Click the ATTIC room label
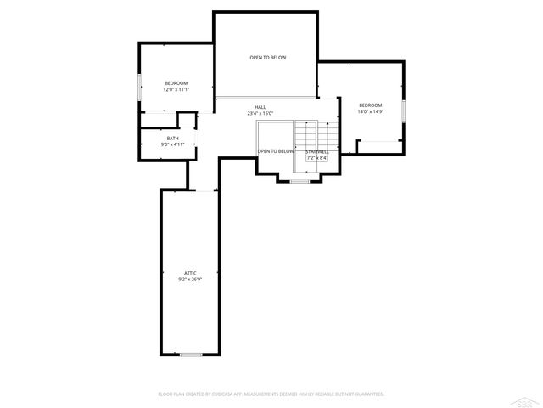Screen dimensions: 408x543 (190, 272)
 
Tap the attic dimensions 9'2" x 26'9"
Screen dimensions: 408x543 (190, 279)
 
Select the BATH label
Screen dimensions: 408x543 (172, 139)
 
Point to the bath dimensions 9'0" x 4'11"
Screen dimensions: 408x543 (172, 145)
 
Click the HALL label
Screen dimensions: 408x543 (260, 107)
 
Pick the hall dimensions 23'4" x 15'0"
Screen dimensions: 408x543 (260, 113)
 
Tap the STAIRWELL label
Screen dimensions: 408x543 (318, 151)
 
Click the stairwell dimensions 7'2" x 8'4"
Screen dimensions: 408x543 (318, 158)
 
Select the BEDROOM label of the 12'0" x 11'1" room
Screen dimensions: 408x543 (176, 82)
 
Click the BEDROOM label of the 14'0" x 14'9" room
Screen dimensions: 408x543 (370, 105)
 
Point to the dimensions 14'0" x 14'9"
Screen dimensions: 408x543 (370, 111)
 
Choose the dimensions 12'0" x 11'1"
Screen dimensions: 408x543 (176, 89)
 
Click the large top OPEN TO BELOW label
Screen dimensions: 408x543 (267, 58)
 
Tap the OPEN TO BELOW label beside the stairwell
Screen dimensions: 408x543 (276, 151)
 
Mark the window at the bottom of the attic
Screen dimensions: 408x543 (191, 354)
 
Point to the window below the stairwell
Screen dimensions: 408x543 (299, 181)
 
